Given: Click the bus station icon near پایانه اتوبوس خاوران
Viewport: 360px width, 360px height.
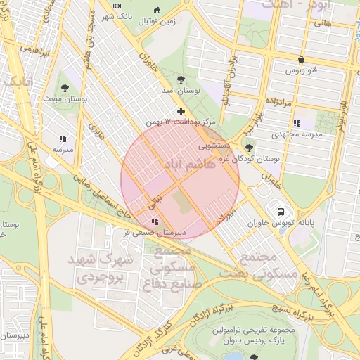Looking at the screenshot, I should [281, 211].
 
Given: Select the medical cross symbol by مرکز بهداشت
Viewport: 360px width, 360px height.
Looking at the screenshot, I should [181, 111].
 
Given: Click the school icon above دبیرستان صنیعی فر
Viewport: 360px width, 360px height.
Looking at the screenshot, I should [155, 221].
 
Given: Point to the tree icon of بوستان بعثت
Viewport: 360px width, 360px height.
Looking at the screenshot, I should [65, 89].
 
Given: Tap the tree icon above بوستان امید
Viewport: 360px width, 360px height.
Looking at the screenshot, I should [181, 79].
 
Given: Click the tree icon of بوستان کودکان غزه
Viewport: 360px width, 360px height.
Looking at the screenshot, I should [249, 147].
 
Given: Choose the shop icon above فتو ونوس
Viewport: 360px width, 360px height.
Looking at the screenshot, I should [301, 60].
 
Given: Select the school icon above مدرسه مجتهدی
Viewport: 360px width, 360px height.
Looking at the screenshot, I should [297, 123].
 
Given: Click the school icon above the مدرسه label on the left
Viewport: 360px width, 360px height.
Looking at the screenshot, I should [62, 139].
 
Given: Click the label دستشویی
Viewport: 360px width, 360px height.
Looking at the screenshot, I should [213, 147].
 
